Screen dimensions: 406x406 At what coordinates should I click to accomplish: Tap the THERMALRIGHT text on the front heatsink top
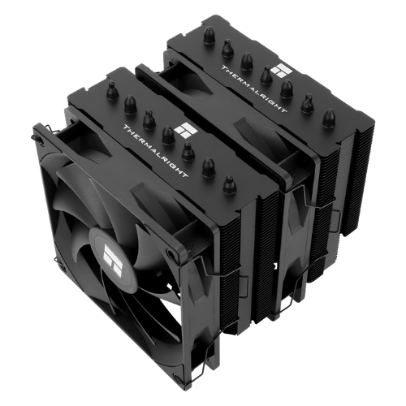tap(155, 151)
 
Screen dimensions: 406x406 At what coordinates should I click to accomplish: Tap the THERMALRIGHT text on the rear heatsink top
tap(253, 89)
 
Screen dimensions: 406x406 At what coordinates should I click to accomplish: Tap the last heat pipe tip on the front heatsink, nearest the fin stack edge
tap(229, 185)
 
